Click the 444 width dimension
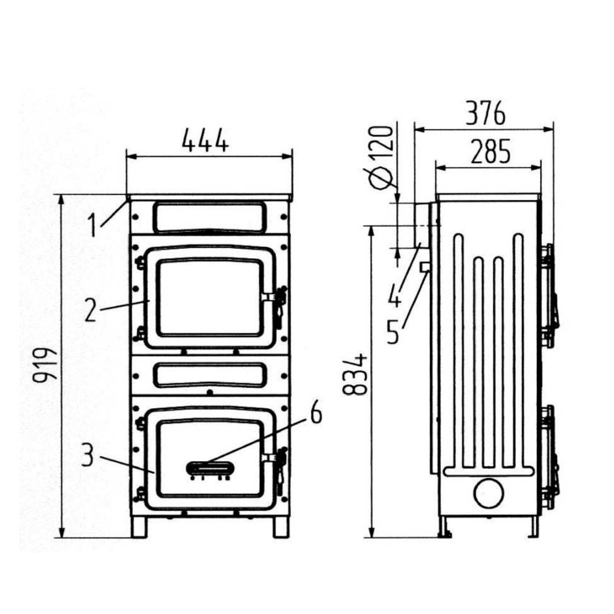[205, 140]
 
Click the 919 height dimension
[46, 364]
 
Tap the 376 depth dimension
[486, 114]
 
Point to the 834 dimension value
[356, 374]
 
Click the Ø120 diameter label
[380, 158]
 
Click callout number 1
[93, 225]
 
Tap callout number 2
[90, 309]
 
